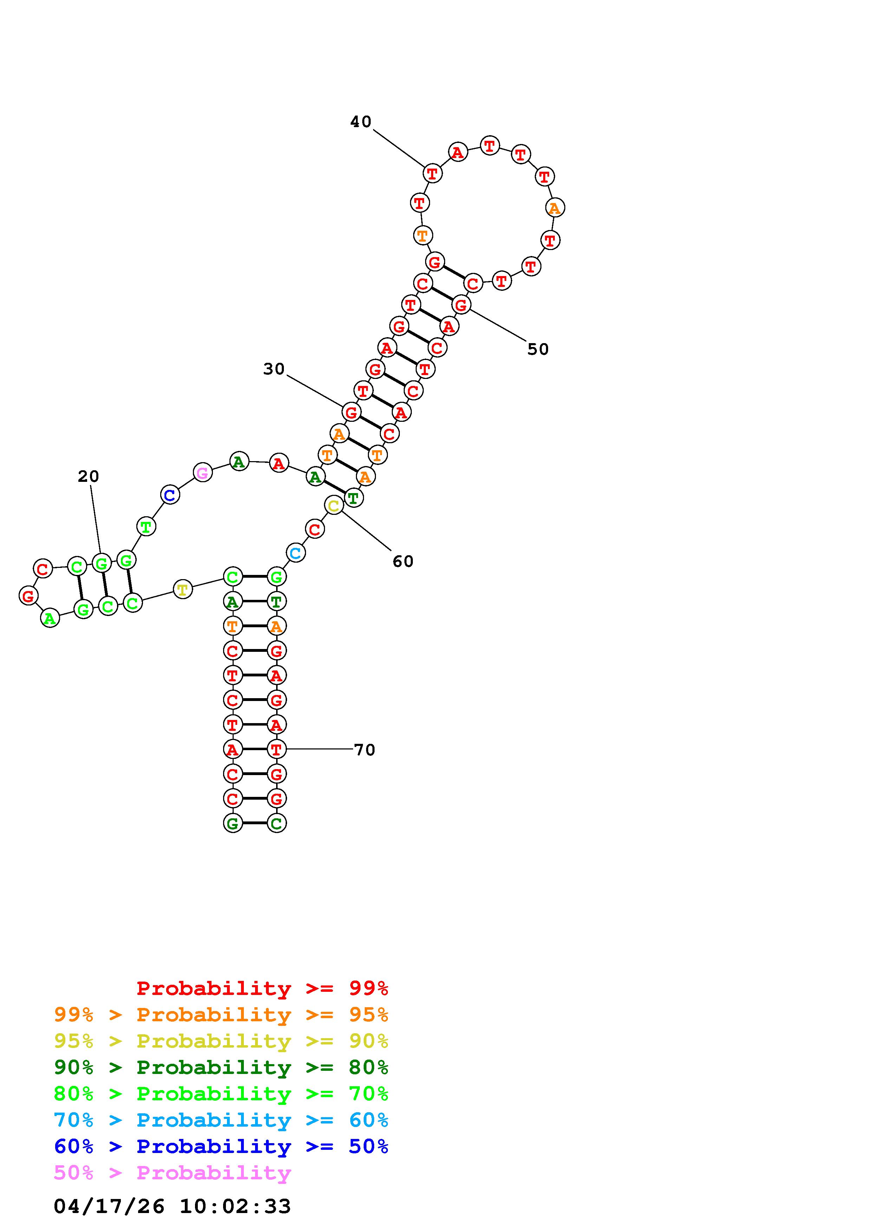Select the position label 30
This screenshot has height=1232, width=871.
coord(274,369)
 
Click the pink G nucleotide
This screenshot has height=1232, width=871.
coord(202,473)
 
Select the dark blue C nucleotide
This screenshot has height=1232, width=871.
coord(170,495)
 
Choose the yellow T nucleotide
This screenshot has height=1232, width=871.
coord(182,589)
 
